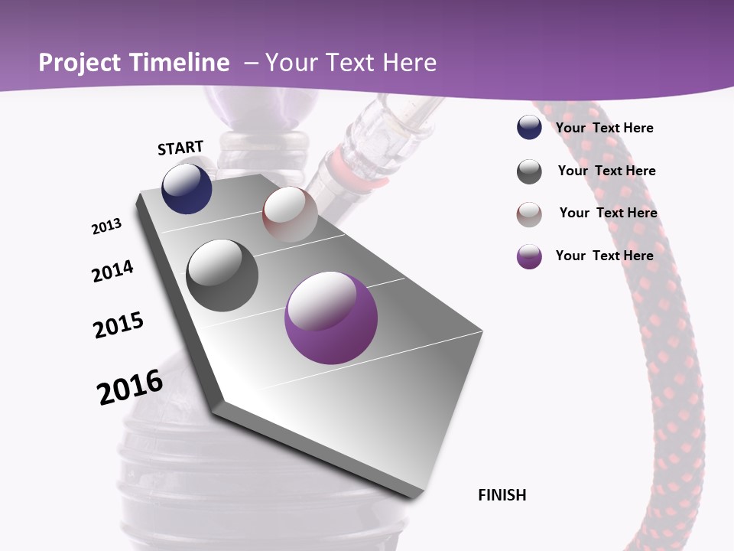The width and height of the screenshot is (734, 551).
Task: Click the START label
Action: click(x=180, y=148)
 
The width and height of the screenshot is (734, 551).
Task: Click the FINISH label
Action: click(x=502, y=495)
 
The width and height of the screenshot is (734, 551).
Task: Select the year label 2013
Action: click(x=106, y=227)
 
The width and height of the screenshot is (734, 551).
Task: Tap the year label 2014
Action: click(x=112, y=272)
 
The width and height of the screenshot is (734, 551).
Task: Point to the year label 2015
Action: click(x=119, y=325)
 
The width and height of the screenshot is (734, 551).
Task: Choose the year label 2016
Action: click(x=130, y=387)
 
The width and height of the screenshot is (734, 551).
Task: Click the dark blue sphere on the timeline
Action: click(x=187, y=189)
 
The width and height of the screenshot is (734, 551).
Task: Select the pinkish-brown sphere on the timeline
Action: click(x=290, y=214)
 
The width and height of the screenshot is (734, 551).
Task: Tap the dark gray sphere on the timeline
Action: click(x=222, y=275)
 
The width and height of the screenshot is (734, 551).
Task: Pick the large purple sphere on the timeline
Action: click(x=331, y=318)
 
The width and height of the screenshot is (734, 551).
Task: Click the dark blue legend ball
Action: click(x=529, y=128)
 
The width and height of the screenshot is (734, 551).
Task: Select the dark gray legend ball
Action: click(x=529, y=171)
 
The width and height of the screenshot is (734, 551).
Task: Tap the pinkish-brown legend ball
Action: click(x=529, y=214)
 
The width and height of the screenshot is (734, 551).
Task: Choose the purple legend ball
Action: click(x=529, y=256)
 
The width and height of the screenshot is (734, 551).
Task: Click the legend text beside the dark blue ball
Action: click(x=604, y=128)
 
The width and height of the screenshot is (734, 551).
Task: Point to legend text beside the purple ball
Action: click(x=604, y=256)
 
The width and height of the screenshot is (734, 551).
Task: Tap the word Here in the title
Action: click(x=410, y=63)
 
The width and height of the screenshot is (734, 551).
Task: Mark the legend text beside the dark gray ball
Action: click(x=606, y=171)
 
